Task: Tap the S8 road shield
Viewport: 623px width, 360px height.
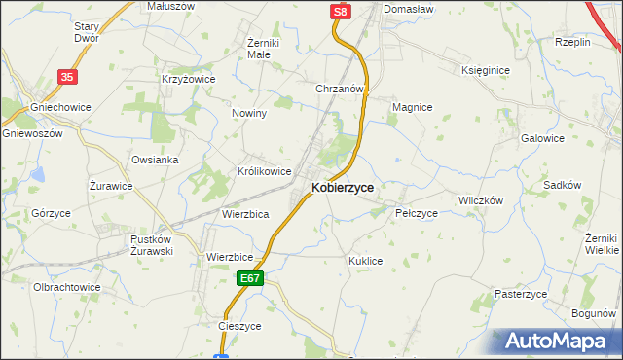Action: click(x=338, y=12)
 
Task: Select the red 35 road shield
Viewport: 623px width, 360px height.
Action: click(x=66, y=76)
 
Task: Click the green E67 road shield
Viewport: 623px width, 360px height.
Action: click(x=250, y=278)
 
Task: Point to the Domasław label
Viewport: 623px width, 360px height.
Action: click(x=409, y=8)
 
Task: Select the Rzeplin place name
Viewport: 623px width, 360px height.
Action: click(x=573, y=42)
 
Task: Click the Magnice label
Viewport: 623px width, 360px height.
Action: click(x=411, y=107)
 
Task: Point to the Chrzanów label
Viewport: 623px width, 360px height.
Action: click(x=339, y=89)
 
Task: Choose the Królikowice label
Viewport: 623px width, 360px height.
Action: click(x=265, y=171)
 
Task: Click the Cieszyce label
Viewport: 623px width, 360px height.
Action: click(x=240, y=327)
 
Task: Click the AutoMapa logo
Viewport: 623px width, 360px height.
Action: click(x=560, y=342)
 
